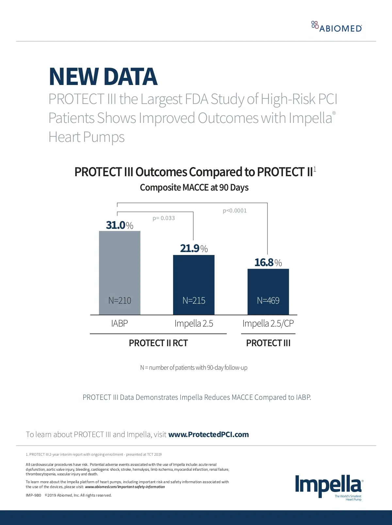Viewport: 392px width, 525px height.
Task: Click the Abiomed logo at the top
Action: [337, 27]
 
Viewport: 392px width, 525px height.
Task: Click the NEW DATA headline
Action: [103, 77]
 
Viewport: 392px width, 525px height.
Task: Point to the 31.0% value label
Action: [120, 225]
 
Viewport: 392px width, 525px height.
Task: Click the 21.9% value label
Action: [194, 248]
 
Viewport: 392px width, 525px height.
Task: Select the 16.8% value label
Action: [268, 262]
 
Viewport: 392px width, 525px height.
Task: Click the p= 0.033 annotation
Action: [164, 218]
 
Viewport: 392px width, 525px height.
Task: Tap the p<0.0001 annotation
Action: [235, 211]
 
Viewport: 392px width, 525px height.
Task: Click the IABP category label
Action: [120, 323]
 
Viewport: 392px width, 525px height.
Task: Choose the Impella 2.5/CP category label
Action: [268, 323]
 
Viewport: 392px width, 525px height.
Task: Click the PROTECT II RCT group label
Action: [158, 343]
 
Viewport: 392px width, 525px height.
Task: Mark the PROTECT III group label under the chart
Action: [268, 343]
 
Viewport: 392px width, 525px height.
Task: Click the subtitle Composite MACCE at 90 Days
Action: [194, 187]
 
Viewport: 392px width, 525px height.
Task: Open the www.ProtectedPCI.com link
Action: [208, 434]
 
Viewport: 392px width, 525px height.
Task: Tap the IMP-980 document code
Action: [33, 495]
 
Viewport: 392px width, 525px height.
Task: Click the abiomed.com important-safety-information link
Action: [125, 487]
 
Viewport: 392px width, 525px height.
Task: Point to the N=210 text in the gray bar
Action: [120, 300]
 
